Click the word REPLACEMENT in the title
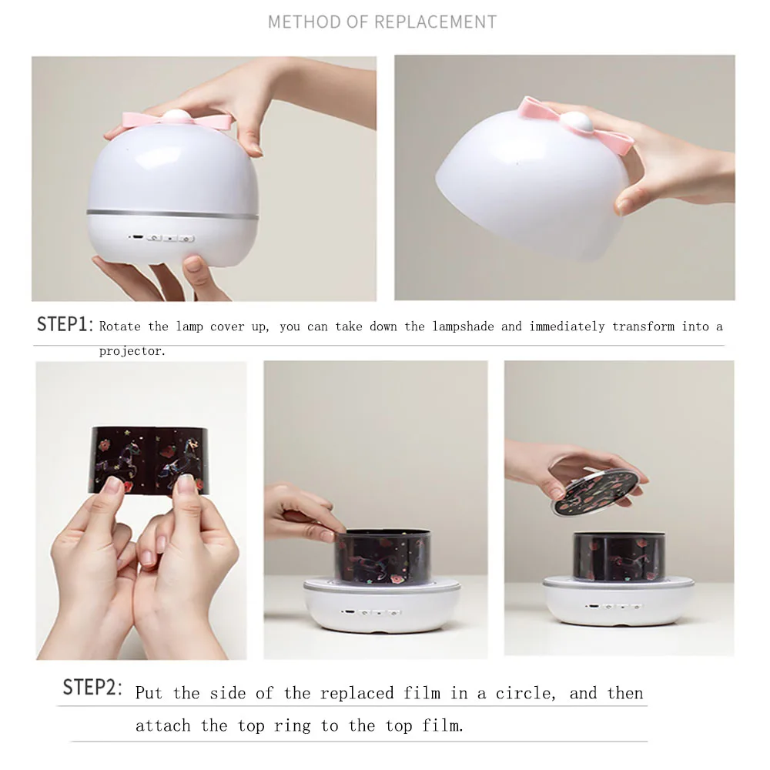pyautogui.click(x=435, y=22)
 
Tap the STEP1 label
pyautogui.click(x=65, y=324)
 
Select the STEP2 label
pyautogui.click(x=92, y=687)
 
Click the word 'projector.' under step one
pyautogui.click(x=132, y=351)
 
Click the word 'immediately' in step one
pyautogui.click(x=567, y=326)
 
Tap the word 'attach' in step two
pyautogui.click(x=162, y=725)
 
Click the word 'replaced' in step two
pyautogui.click(x=357, y=694)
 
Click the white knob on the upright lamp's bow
pyautogui.click(x=176, y=116)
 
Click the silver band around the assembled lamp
pyautogui.click(x=172, y=215)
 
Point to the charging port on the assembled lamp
pyautogui.click(x=138, y=238)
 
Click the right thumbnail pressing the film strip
pyautogui.click(x=186, y=485)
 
